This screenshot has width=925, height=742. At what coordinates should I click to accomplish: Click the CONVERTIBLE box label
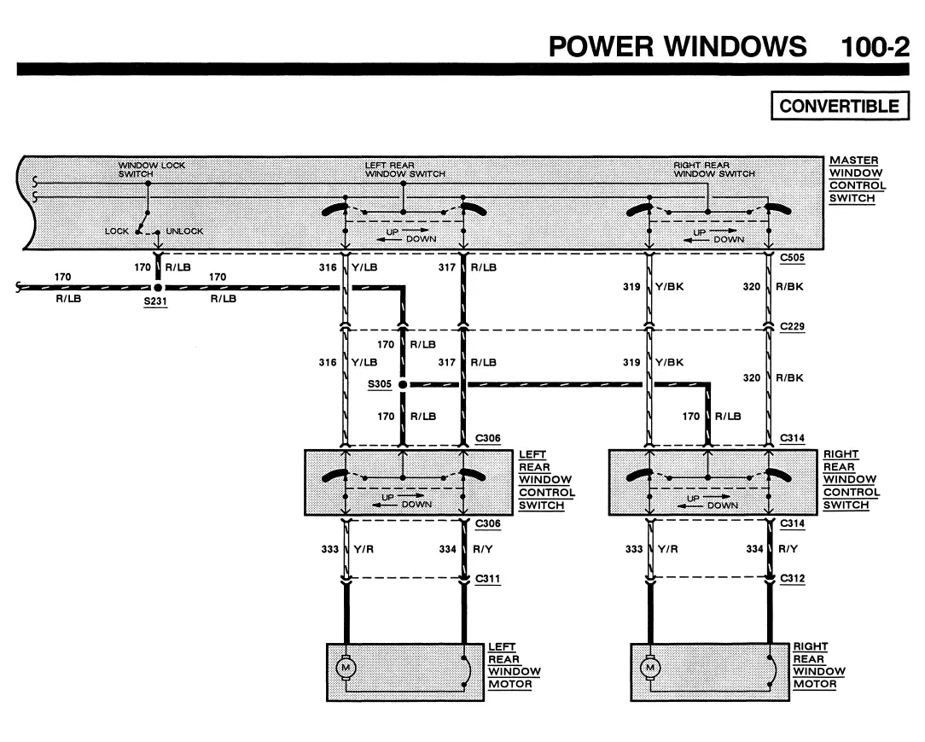(840, 106)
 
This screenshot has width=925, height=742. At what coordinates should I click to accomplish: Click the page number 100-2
(875, 47)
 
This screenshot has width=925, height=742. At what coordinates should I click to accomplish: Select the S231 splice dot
(158, 288)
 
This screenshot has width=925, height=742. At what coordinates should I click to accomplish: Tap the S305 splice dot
(403, 384)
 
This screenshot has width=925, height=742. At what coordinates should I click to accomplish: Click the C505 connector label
(792, 258)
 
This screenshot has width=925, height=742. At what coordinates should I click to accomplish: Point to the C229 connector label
(792, 326)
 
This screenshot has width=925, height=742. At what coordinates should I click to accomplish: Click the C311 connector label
(488, 579)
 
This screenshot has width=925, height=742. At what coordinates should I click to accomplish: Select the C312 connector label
(792, 579)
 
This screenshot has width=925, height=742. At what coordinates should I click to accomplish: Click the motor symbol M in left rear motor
(346, 668)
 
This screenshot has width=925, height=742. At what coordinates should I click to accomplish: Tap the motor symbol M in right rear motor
(650, 668)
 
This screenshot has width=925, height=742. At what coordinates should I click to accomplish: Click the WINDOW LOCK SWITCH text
(152, 169)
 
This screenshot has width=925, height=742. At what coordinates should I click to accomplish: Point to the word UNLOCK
(184, 231)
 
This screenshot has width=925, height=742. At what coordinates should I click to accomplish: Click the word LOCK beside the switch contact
(116, 231)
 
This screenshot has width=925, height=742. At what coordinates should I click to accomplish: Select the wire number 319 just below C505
(631, 287)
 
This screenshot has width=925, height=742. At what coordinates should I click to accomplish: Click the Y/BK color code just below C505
(670, 287)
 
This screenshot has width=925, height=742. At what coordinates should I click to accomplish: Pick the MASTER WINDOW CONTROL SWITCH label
(858, 179)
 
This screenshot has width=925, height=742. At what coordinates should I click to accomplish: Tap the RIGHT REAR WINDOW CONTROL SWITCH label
(852, 479)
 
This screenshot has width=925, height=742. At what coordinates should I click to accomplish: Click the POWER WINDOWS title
(678, 47)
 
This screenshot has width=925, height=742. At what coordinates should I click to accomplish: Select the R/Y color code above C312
(788, 549)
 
